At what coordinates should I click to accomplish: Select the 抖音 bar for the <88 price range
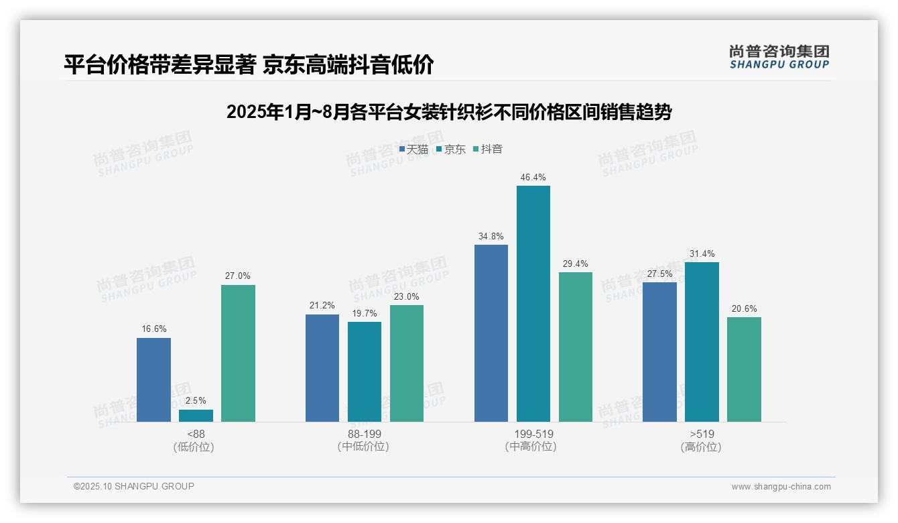(x=238, y=353)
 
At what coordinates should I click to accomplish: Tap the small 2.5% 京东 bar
(x=196, y=416)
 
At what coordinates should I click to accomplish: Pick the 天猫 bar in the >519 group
(x=659, y=352)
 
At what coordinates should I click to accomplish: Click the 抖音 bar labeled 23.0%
(x=407, y=363)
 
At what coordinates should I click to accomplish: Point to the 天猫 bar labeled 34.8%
(x=491, y=333)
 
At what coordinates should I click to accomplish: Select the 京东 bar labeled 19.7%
(x=365, y=371)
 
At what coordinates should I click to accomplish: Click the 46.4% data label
(x=533, y=178)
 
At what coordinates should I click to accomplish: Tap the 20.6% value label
(x=744, y=309)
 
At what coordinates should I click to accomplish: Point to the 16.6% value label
(x=154, y=329)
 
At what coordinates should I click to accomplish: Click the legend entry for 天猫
(x=413, y=150)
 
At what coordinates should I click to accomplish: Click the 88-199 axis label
(x=364, y=434)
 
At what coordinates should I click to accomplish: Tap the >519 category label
(x=702, y=434)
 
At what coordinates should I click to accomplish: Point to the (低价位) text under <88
(x=194, y=447)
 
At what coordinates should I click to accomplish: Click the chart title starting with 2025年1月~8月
(x=449, y=112)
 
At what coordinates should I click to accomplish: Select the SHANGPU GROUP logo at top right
(x=779, y=57)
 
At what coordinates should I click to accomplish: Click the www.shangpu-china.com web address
(x=781, y=487)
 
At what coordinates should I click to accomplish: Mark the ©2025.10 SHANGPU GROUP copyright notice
(x=134, y=486)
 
